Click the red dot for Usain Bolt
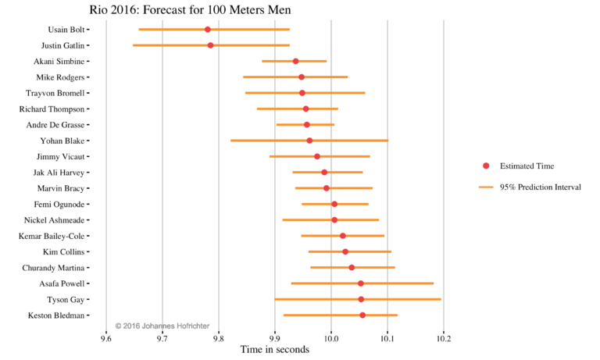[208, 30]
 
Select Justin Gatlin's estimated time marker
[210, 45]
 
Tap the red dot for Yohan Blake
[309, 141]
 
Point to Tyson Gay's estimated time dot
[361, 299]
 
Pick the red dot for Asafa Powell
[361, 283]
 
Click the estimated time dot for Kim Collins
[345, 251]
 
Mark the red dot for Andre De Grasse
[307, 125]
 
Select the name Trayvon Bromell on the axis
[55, 93]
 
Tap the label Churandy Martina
[53, 268]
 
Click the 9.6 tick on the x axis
[106, 338]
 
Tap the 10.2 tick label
[444, 338]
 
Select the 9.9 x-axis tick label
[275, 338]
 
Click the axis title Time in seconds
[275, 350]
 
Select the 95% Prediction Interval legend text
[540, 187]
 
